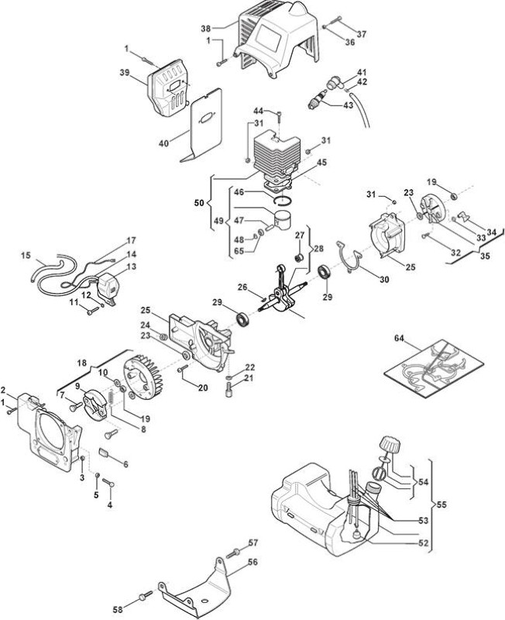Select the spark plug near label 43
(x=317, y=100)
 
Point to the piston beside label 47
(x=283, y=220)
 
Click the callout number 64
(x=400, y=338)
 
